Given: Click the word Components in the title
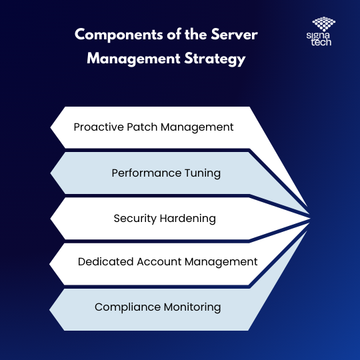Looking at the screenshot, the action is pos(119,35).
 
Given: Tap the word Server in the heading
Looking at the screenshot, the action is pos(234,35).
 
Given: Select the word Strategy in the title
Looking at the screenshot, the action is pos(215,59).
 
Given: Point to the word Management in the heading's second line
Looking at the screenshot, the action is pos(133,59).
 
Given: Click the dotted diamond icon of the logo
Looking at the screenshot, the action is pos(324,24).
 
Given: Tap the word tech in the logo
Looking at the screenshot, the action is pos(321,42).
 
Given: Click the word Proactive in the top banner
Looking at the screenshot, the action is pos(99,127).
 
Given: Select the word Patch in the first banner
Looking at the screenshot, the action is pos(142,127).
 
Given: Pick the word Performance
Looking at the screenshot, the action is pos(147,173).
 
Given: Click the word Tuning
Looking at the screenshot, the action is pos(203,173).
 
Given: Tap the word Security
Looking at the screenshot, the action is pos(135,219).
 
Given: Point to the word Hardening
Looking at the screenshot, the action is pos(187,219).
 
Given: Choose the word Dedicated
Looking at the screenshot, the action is pos(105,262).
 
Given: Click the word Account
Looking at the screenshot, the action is pos(159,262).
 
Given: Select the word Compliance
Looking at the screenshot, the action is pos(127,307).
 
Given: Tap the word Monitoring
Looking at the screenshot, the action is pos(192,307).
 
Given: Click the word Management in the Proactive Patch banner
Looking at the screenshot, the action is pos(197,127).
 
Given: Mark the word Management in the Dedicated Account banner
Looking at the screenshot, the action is pos(221,262).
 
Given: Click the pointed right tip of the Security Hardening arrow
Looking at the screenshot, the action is pos(310,219).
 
